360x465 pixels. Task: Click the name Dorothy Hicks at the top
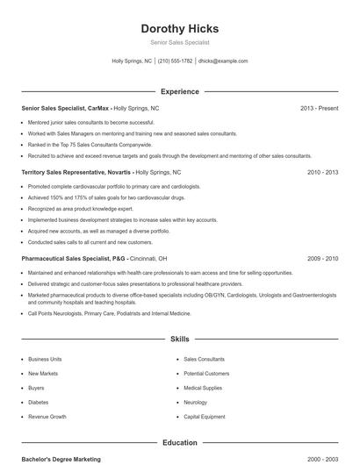(179, 28)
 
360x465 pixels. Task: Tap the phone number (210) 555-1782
(176, 61)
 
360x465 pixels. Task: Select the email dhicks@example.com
(223, 61)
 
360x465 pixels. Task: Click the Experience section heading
(179, 91)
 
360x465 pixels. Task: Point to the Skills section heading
(179, 339)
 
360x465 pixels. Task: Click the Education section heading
(179, 443)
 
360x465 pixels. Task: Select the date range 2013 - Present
(319, 108)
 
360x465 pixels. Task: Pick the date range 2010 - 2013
(322, 173)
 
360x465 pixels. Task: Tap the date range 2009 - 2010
(322, 259)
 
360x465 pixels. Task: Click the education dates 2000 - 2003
(322, 460)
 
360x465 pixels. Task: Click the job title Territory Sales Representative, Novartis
(77, 173)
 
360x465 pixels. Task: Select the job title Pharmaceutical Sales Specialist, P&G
(76, 259)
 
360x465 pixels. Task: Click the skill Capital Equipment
(204, 417)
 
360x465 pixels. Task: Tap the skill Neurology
(196, 403)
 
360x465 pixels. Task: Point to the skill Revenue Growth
(47, 417)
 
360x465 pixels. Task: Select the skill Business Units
(45, 359)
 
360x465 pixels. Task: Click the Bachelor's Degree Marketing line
(61, 460)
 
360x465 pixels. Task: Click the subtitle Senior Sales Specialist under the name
(179, 42)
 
